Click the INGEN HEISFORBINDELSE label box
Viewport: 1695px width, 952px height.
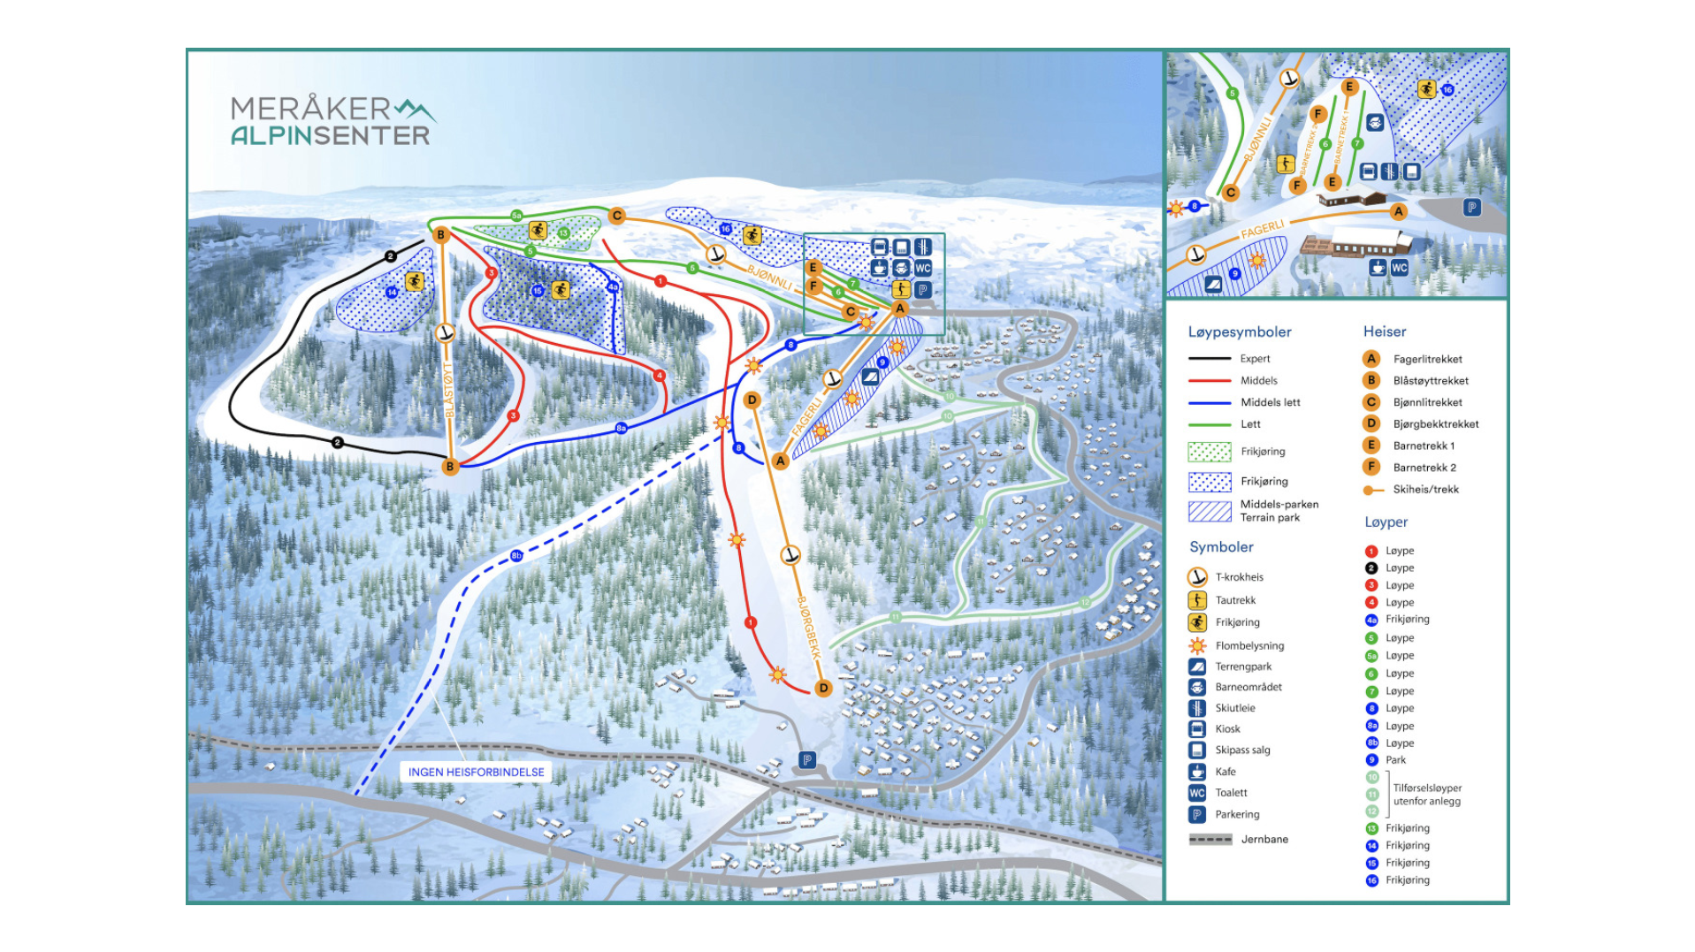coord(476,772)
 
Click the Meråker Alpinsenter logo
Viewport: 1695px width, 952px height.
coord(332,121)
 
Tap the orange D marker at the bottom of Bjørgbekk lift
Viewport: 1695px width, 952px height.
coord(823,688)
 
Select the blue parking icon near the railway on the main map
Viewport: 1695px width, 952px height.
coord(806,759)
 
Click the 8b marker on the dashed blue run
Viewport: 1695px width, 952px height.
coord(516,556)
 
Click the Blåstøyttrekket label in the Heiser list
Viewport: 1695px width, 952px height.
coord(1430,381)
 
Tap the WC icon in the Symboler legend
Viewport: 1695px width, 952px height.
coord(1197,793)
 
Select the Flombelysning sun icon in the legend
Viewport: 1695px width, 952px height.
coord(1197,645)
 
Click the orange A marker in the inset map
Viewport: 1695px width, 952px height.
coord(1398,211)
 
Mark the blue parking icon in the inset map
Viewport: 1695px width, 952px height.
coord(1471,208)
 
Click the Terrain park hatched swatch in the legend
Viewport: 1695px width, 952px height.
coord(1210,511)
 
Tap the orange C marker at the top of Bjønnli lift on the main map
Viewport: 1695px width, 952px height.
coord(617,215)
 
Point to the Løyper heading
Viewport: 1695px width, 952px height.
coord(1386,522)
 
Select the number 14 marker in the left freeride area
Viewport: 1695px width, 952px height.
coord(392,292)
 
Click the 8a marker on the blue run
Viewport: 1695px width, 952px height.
coord(621,428)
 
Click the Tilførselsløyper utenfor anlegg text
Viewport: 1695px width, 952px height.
coord(1426,795)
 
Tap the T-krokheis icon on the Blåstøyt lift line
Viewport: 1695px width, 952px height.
coord(446,333)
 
